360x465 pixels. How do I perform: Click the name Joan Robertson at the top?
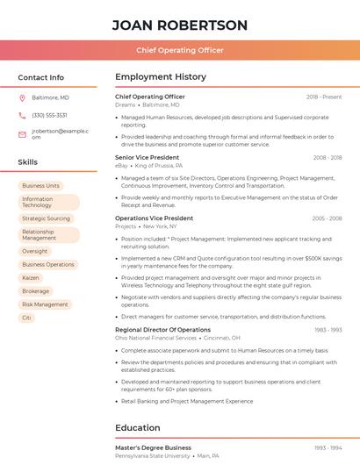(x=180, y=25)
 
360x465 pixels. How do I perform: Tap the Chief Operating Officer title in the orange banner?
(x=180, y=51)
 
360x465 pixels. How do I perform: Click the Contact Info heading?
(x=41, y=77)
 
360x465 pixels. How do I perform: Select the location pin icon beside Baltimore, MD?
(x=22, y=97)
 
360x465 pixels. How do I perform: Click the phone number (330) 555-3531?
(x=49, y=115)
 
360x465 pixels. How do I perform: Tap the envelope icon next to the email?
(x=22, y=133)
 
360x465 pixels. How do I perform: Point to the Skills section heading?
(x=28, y=162)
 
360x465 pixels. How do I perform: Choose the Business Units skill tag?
(x=40, y=186)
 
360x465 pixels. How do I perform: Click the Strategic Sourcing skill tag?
(x=46, y=218)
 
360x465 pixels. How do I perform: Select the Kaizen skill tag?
(x=31, y=277)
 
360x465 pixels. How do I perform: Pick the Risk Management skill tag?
(x=45, y=304)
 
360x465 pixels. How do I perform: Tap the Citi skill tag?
(x=26, y=318)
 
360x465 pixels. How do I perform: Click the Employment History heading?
(x=161, y=77)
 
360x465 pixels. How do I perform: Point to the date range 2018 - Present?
(x=324, y=97)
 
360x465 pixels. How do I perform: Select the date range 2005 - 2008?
(x=327, y=218)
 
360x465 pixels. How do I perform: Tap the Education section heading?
(x=138, y=428)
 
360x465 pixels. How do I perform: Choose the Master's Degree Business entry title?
(x=153, y=447)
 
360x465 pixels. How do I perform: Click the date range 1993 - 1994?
(x=328, y=447)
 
